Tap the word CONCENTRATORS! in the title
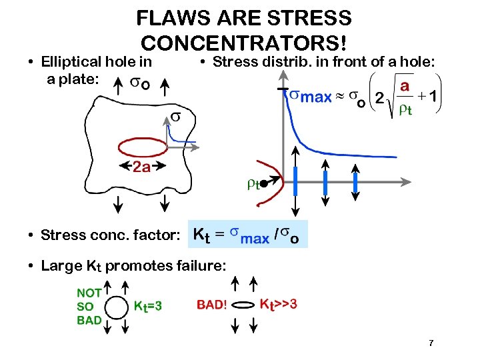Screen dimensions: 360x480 click(244, 42)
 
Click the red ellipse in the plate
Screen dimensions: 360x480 click(143, 147)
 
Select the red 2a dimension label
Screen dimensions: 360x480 click(141, 167)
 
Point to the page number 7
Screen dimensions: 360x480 click(431, 343)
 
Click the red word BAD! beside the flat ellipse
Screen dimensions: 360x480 click(212, 305)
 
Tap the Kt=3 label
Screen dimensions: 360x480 click(148, 306)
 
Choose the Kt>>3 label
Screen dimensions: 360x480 click(277, 304)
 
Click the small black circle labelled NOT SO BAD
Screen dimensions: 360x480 click(118, 307)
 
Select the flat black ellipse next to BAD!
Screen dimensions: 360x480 click(245, 306)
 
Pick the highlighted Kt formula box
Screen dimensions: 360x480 click(248, 235)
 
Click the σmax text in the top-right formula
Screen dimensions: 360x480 click(311, 97)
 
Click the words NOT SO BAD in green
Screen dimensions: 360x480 click(89, 306)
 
